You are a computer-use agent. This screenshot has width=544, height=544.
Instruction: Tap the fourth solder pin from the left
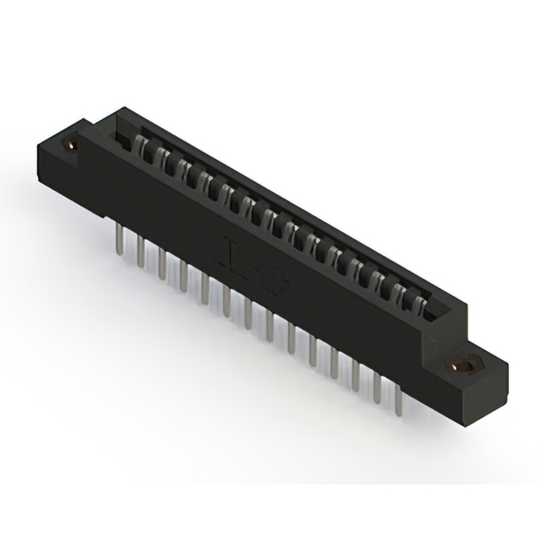coord(183,275)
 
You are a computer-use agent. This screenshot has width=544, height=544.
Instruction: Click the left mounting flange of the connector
coord(64,157)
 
